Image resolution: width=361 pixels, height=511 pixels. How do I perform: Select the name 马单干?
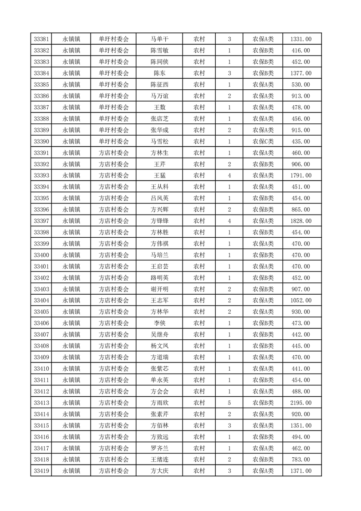pyautogui.click(x=159, y=39)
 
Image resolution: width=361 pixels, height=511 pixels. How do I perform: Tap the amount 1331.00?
pyautogui.click(x=301, y=39)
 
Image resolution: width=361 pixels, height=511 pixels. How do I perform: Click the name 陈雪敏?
pyautogui.click(x=159, y=51)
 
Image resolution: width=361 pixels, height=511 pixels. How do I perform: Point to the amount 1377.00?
pyautogui.click(x=301, y=73)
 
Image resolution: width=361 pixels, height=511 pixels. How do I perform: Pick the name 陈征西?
pyautogui.click(x=159, y=85)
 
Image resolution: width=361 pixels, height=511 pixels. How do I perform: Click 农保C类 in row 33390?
pyautogui.click(x=263, y=142)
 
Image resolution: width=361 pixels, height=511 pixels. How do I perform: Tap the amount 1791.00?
pyautogui.click(x=301, y=175)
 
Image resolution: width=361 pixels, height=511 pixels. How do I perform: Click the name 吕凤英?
pyautogui.click(x=159, y=198)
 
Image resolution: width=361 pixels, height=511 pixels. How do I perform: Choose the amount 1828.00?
pyautogui.click(x=301, y=221)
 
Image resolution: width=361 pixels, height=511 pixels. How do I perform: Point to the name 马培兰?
pyautogui.click(x=159, y=255)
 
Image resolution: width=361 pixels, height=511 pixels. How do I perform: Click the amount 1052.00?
pyautogui.click(x=301, y=300)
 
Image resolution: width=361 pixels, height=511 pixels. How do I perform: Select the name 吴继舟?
pyautogui.click(x=159, y=334)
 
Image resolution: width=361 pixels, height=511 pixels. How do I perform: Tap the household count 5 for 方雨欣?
pyautogui.click(x=229, y=403)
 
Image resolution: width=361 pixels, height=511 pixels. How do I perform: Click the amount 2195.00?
pyautogui.click(x=301, y=403)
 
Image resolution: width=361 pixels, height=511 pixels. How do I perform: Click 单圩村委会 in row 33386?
pyautogui.click(x=114, y=96)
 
